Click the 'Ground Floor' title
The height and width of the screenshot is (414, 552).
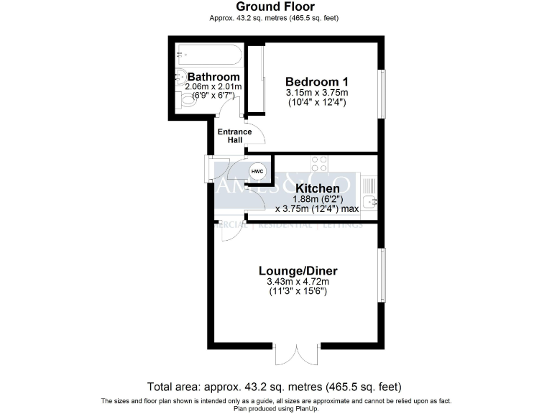click(x=275, y=7)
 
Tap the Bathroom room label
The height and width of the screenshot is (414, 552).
click(x=213, y=77)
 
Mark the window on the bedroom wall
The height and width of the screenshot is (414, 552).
click(x=382, y=92)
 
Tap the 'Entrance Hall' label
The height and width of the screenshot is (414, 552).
click(x=234, y=136)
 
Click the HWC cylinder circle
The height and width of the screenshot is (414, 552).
click(x=257, y=172)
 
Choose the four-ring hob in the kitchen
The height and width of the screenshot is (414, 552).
click(x=319, y=164)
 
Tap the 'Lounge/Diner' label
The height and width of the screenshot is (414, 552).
click(x=298, y=271)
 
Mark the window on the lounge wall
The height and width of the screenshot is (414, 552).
click(x=382, y=275)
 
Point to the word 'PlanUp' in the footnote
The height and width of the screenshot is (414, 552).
click(x=305, y=409)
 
